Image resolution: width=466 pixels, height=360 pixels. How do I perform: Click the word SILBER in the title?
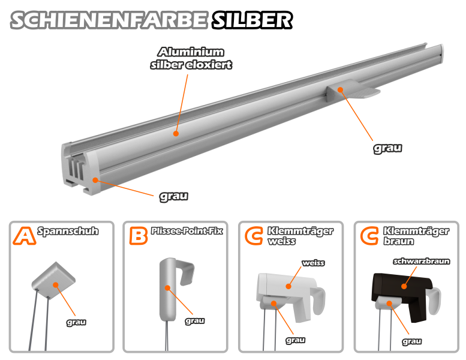pyautogui.click(x=252, y=20)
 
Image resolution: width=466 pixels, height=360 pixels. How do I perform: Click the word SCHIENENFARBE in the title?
pyautogui.click(x=109, y=20)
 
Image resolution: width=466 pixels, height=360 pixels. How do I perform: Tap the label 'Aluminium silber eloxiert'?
pyautogui.click(x=191, y=58)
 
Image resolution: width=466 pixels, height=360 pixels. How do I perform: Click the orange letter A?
pyautogui.click(x=24, y=236)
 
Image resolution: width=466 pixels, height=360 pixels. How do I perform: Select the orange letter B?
pyautogui.click(x=138, y=236)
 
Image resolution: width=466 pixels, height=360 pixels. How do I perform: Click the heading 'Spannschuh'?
pyautogui.click(x=68, y=231)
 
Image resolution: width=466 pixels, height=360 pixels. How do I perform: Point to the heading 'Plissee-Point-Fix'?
pyautogui.click(x=187, y=230)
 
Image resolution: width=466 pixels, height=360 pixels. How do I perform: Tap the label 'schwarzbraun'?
pyautogui.click(x=421, y=262)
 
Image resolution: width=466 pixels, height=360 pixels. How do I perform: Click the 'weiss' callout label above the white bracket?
pyautogui.click(x=313, y=263)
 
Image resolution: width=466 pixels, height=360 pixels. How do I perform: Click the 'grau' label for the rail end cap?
pyautogui.click(x=174, y=196)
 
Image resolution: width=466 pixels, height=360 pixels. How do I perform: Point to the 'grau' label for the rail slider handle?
pyautogui.click(x=387, y=148)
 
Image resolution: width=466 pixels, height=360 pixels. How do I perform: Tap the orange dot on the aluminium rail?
pyautogui.click(x=176, y=133)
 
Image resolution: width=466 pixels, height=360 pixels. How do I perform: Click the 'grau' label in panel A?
pyautogui.click(x=76, y=322)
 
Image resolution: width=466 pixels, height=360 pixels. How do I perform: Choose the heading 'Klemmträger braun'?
pyautogui.click(x=416, y=236)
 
